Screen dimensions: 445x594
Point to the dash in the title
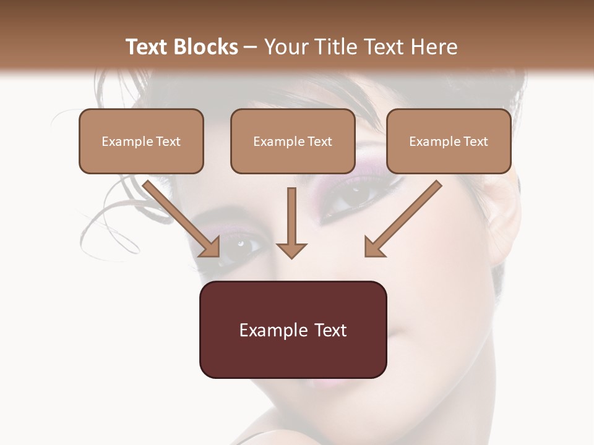(x=251, y=48)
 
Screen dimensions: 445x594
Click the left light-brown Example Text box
(x=141, y=141)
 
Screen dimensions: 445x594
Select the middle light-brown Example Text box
(x=293, y=141)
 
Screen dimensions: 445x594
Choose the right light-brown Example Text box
(x=449, y=141)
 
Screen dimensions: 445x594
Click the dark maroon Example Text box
(x=293, y=329)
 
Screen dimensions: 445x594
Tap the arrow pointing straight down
(x=291, y=222)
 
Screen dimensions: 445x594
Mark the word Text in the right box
(x=475, y=142)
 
